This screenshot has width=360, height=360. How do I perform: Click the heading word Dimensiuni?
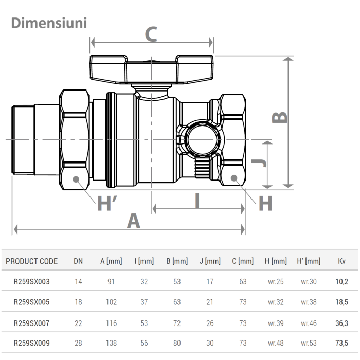click(49, 23)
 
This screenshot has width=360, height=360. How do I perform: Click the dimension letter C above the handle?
click(150, 34)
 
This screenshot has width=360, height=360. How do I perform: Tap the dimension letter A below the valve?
click(133, 222)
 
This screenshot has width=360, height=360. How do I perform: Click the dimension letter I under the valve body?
click(197, 201)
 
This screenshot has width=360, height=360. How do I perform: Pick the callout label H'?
click(106, 204)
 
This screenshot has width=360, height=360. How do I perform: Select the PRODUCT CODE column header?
click(31, 261)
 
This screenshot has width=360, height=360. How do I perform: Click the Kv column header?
click(342, 261)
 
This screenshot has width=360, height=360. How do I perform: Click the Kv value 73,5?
click(342, 343)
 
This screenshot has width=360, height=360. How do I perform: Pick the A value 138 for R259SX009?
click(111, 343)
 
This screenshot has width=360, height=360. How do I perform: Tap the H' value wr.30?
click(309, 282)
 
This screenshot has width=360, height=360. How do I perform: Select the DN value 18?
click(78, 302)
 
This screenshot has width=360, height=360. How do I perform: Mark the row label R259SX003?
click(31, 282)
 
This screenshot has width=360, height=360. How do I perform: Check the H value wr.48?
click(276, 343)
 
